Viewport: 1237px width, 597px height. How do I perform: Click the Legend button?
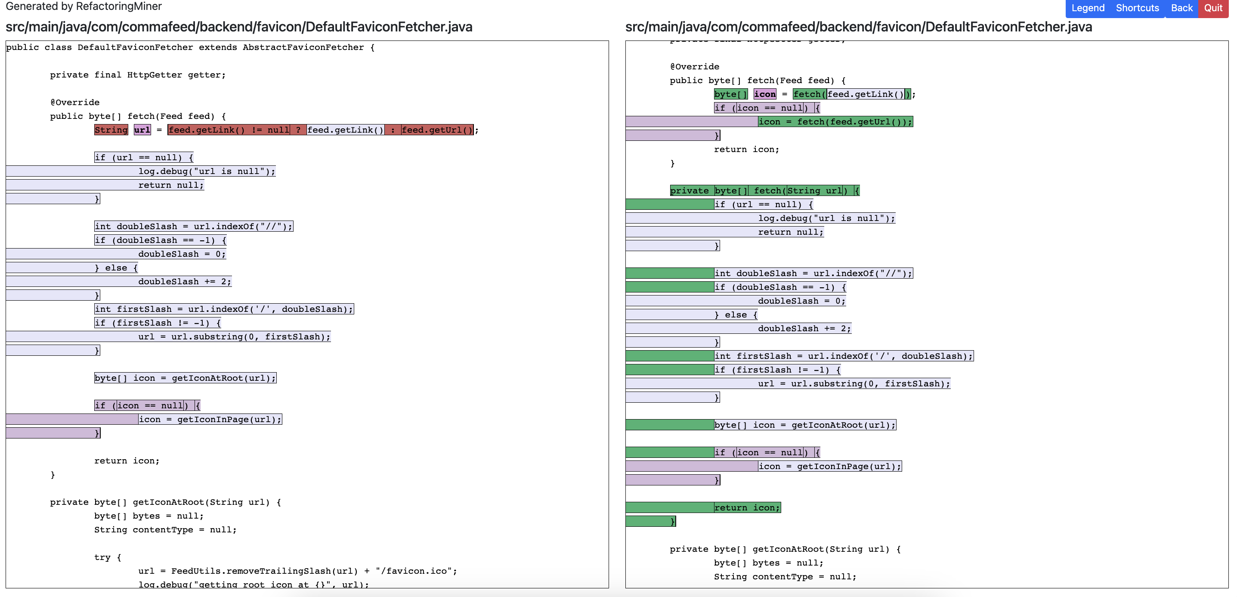pyautogui.click(x=1088, y=8)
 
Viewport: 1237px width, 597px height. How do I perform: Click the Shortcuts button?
pyautogui.click(x=1137, y=8)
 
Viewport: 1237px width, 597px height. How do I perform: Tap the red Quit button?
pyautogui.click(x=1213, y=8)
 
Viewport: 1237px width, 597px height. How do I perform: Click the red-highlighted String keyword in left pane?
pyautogui.click(x=111, y=130)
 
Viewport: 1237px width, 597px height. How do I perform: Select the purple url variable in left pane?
pyautogui.click(x=142, y=130)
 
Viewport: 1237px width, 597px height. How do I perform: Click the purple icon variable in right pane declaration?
pyautogui.click(x=764, y=94)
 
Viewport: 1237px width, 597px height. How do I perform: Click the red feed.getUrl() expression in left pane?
pyautogui.click(x=437, y=130)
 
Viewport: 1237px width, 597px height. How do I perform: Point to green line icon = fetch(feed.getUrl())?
pyautogui.click(x=835, y=121)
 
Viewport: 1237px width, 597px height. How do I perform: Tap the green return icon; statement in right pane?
pyautogui.click(x=747, y=507)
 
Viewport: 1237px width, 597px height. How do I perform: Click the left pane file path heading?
pyautogui.click(x=238, y=27)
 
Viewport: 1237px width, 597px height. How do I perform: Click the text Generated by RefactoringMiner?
pyautogui.click(x=83, y=6)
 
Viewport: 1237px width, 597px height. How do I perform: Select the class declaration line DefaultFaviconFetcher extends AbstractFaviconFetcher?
pyautogui.click(x=190, y=47)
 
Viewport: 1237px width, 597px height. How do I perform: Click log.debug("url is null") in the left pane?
pyautogui.click(x=207, y=171)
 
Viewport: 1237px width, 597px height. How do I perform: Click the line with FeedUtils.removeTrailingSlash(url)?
pyautogui.click(x=297, y=571)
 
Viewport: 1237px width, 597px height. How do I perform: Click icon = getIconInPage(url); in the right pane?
pyautogui.click(x=829, y=466)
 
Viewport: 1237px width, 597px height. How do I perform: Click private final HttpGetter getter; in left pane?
pyautogui.click(x=137, y=75)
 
